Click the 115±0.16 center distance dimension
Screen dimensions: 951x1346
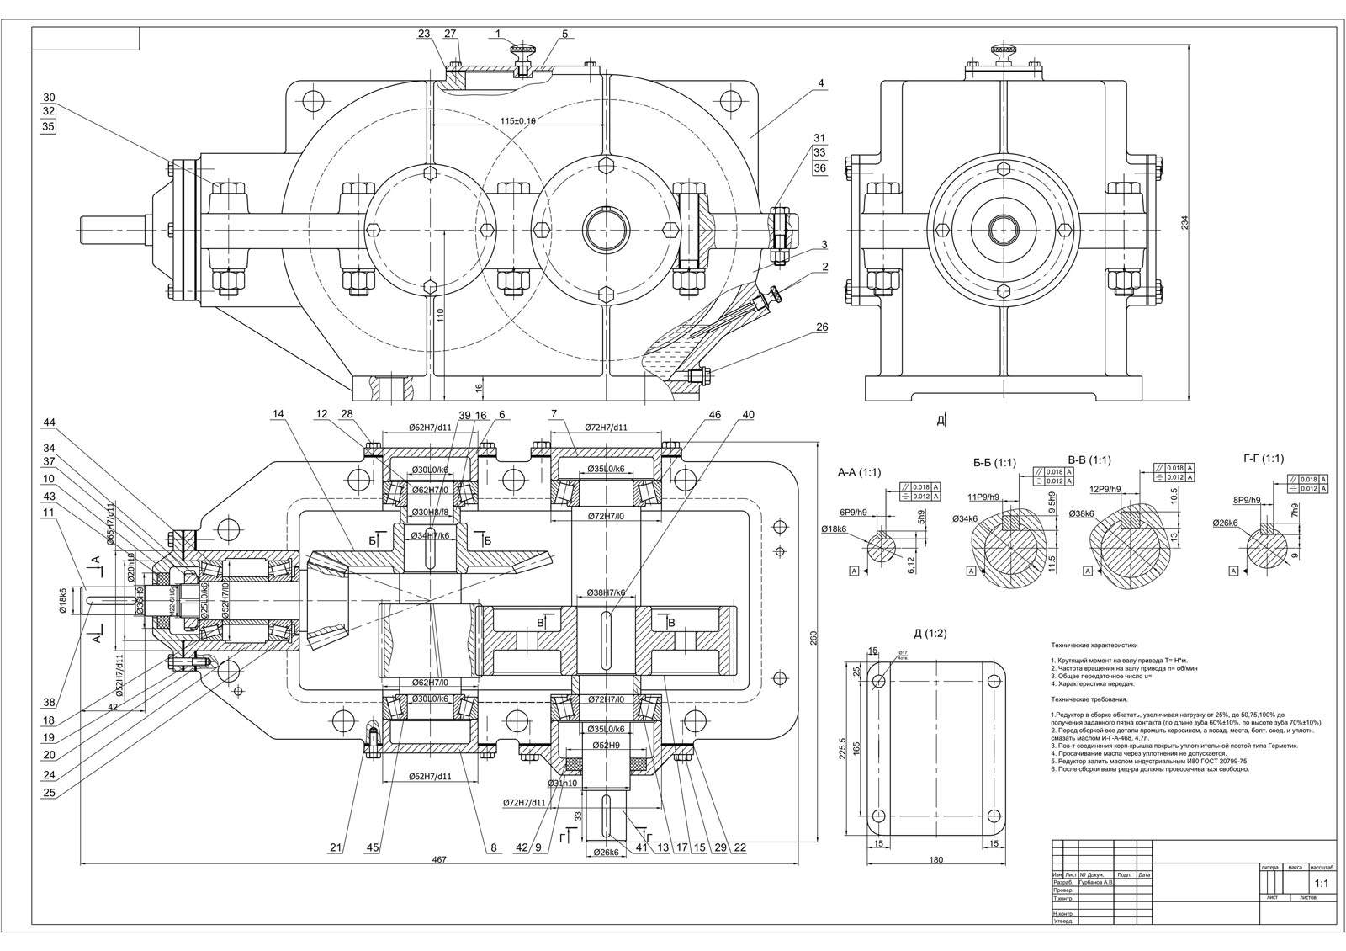tap(518, 121)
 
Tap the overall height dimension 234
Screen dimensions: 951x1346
tap(1186, 222)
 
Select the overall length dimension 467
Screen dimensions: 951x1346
tap(438, 859)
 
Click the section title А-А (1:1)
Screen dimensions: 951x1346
tap(859, 472)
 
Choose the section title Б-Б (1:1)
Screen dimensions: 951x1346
tap(994, 463)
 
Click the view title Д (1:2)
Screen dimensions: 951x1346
tap(930, 634)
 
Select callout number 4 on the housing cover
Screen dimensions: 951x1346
tap(820, 82)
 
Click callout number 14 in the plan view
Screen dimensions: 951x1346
tap(278, 413)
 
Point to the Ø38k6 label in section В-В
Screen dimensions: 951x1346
tap(1082, 513)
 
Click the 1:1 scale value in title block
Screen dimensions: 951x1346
tap(1321, 885)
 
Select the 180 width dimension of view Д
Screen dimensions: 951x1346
tap(936, 860)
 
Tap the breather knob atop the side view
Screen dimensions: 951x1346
tap(1002, 52)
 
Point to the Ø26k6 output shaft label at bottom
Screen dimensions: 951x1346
tap(606, 853)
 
